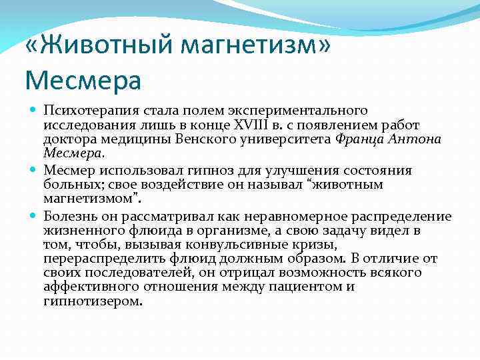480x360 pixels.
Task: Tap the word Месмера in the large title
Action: coord(83,81)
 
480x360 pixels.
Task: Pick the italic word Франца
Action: coord(360,139)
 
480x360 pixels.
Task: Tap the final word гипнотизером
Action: coord(93,301)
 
